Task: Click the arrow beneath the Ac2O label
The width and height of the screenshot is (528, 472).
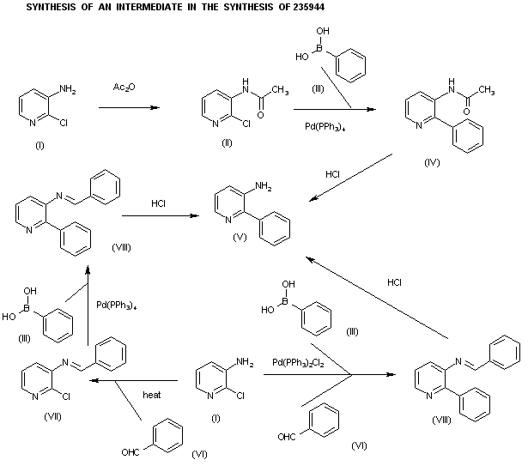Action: pyautogui.click(x=129, y=108)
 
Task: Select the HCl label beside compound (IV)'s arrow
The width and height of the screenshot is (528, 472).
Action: pyautogui.click(x=333, y=174)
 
